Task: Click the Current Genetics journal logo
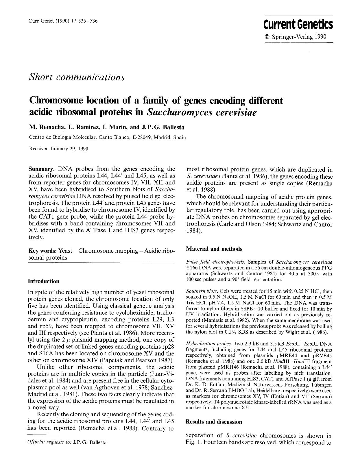tap(298, 25)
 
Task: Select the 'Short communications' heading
tap(77, 77)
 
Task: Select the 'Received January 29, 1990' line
tap(59, 149)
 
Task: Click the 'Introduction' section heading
tap(43, 281)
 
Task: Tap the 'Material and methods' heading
tap(214, 249)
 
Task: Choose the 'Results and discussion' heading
tap(214, 422)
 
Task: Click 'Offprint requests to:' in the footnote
tap(49, 442)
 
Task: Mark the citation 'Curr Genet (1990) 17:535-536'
tap(62, 21)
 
